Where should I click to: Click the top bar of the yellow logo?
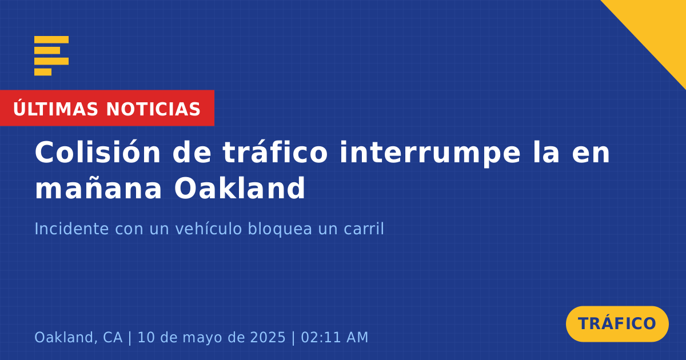pos(51,39)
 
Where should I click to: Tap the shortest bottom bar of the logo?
pos(43,72)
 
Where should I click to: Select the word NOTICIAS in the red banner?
pos(153,109)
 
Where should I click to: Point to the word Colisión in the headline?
pos(98,152)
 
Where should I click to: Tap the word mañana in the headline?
pos(98,189)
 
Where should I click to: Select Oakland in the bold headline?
pos(240,187)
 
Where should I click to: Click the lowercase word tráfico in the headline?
pos(276,152)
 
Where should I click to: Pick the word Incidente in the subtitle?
pos(71,229)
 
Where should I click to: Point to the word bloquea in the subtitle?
pos(280,230)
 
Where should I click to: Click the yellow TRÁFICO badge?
pos(617,323)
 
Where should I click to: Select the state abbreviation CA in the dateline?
pos(113,337)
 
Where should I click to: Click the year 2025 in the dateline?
pos(268,337)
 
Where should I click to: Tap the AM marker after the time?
pos(357,337)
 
